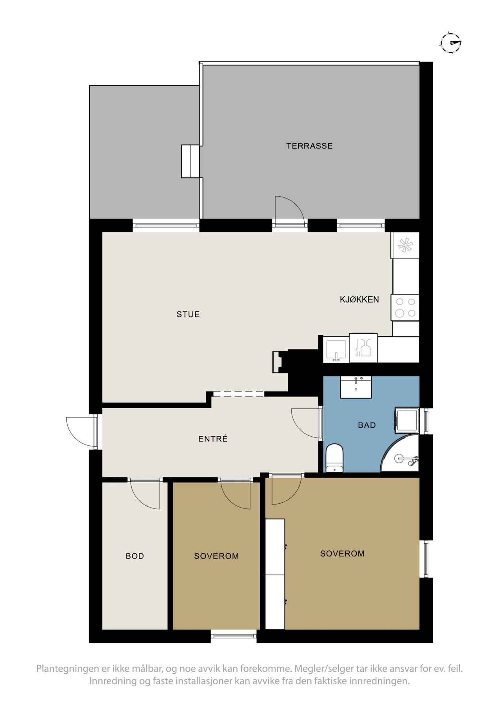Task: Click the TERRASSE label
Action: (x=309, y=146)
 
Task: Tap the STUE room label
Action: (x=188, y=314)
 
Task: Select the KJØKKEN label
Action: (x=359, y=299)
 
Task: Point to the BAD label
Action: (x=367, y=425)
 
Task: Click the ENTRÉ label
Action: (x=212, y=439)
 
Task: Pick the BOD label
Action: (x=134, y=556)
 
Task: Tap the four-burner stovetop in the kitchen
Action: (x=405, y=307)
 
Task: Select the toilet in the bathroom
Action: (x=334, y=457)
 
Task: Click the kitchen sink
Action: (x=336, y=350)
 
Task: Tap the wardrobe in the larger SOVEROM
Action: (x=275, y=573)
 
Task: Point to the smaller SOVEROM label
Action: (x=216, y=556)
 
